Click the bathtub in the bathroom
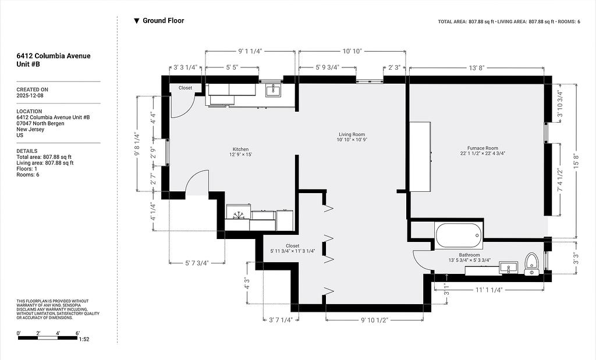[459, 236]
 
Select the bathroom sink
[508, 268]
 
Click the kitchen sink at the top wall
[272, 90]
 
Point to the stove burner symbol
[239, 215]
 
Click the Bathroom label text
[469, 255]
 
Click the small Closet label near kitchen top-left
[185, 88]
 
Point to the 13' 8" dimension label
[476, 68]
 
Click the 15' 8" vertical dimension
[577, 161]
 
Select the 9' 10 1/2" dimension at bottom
[374, 320]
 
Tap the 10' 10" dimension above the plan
[352, 51]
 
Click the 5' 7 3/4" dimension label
[197, 263]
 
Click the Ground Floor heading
[163, 20]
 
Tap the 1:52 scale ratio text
[84, 339]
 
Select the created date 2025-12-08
[30, 95]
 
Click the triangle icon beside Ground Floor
[137, 21]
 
